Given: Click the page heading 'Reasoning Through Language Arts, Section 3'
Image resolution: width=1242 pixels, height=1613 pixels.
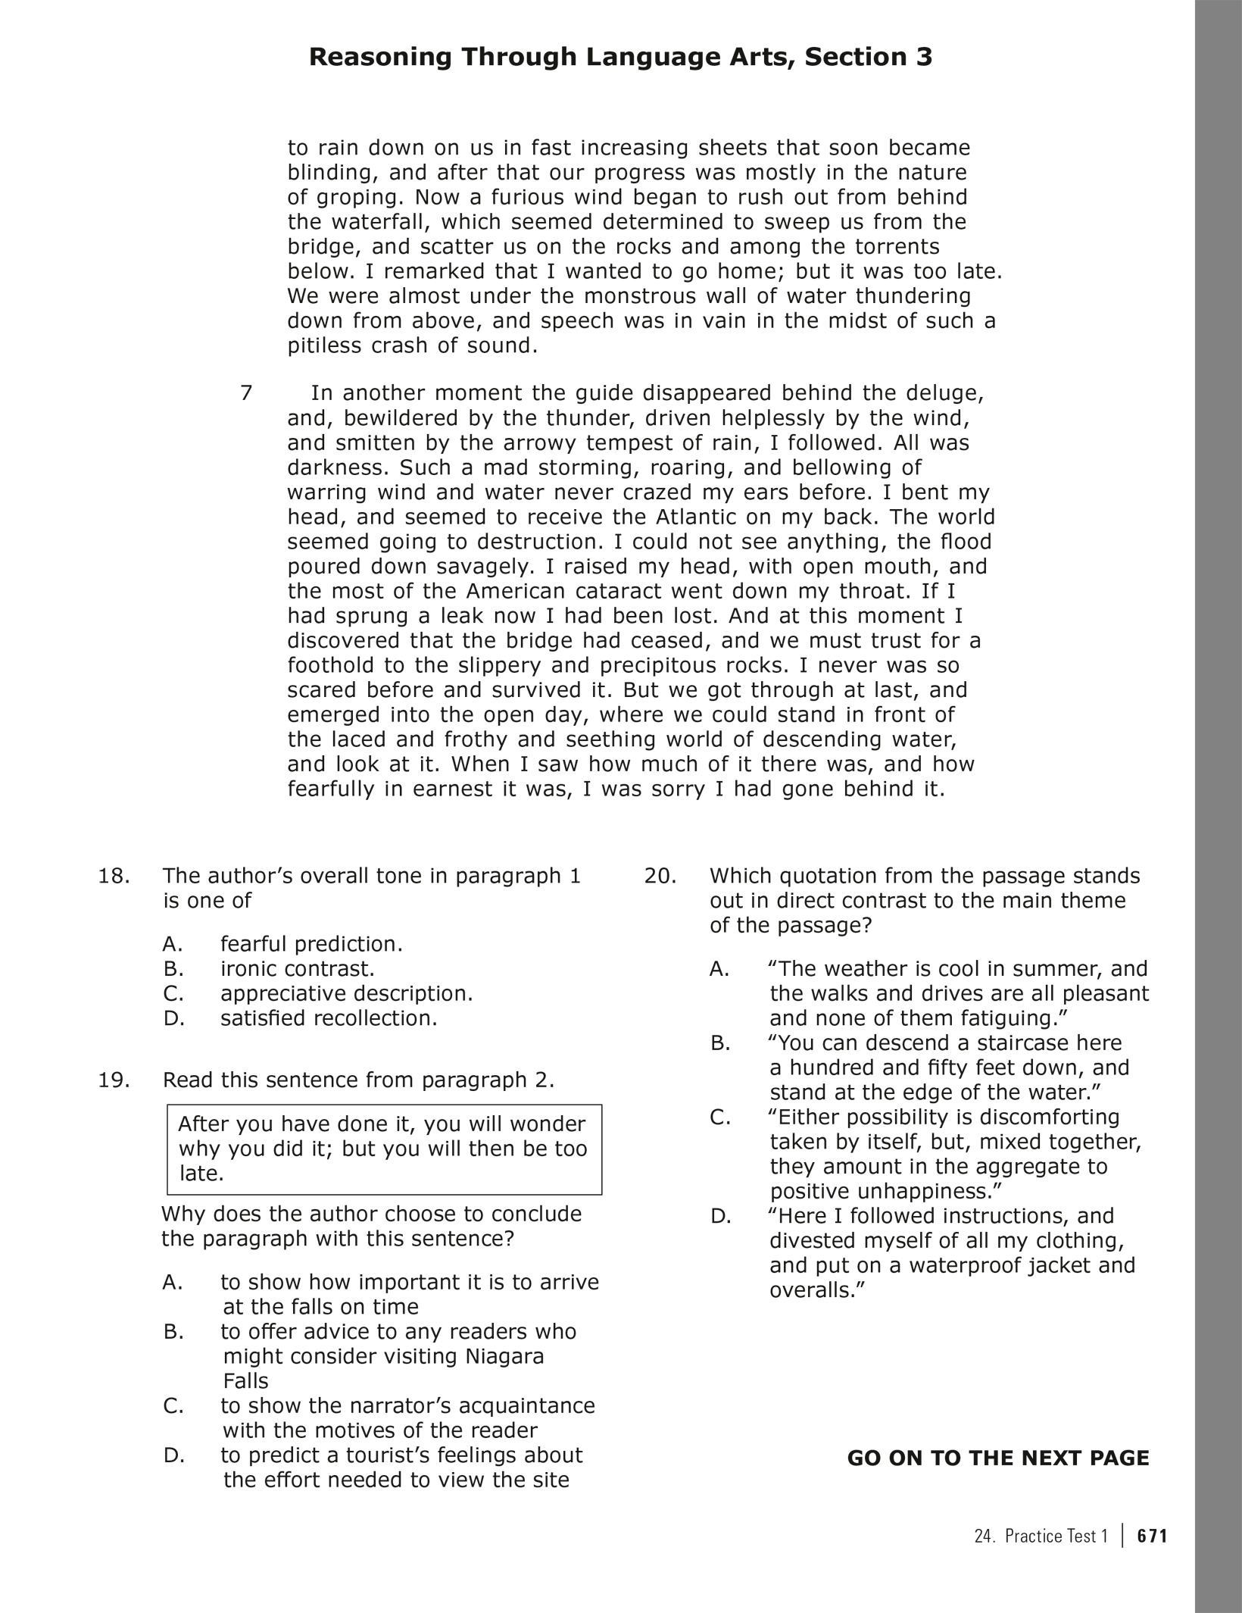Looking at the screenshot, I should [x=620, y=58].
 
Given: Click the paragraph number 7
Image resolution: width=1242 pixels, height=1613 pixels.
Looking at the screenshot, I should [x=246, y=393].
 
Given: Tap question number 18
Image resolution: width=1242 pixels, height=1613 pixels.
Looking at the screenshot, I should [x=114, y=876].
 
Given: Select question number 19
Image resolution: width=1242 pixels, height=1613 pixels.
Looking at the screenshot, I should [x=114, y=1080].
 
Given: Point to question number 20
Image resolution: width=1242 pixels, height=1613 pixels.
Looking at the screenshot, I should [x=660, y=876].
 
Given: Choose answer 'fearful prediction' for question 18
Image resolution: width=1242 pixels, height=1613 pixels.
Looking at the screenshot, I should [x=311, y=944].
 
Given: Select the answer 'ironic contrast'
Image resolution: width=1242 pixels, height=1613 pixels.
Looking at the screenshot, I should [x=298, y=969].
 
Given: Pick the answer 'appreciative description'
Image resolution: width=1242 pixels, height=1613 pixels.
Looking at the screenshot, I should [x=346, y=993].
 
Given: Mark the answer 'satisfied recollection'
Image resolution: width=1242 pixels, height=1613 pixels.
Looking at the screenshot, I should [x=329, y=1018].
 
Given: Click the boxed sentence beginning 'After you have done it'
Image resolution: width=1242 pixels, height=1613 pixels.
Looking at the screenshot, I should [x=384, y=1149].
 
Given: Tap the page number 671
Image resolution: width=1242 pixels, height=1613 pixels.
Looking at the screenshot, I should [x=1153, y=1536].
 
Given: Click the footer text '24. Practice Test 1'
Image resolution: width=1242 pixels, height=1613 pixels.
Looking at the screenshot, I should [x=1041, y=1536].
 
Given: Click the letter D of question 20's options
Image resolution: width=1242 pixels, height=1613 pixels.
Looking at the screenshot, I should [x=720, y=1217].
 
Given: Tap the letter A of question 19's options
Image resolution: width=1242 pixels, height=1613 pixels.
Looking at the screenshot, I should [x=173, y=1283].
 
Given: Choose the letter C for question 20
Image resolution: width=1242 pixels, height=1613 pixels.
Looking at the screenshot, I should [x=720, y=1118].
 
